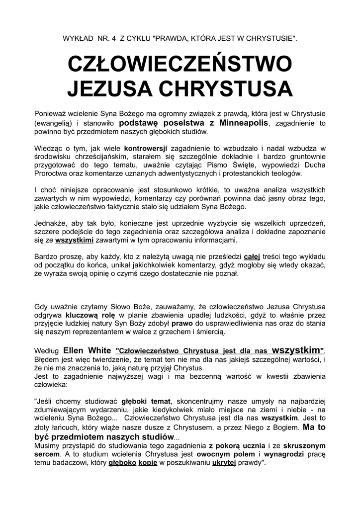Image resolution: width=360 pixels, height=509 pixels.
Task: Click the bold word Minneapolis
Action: [x=237, y=123]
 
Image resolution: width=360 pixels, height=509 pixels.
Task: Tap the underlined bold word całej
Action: [x=252, y=257]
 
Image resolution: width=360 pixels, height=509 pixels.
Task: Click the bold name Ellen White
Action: [x=88, y=350]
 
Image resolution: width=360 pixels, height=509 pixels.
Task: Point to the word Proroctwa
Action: [x=51, y=173]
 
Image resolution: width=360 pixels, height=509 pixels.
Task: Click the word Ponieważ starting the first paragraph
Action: [x=51, y=114]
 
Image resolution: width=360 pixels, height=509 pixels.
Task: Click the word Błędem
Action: [x=46, y=359]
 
